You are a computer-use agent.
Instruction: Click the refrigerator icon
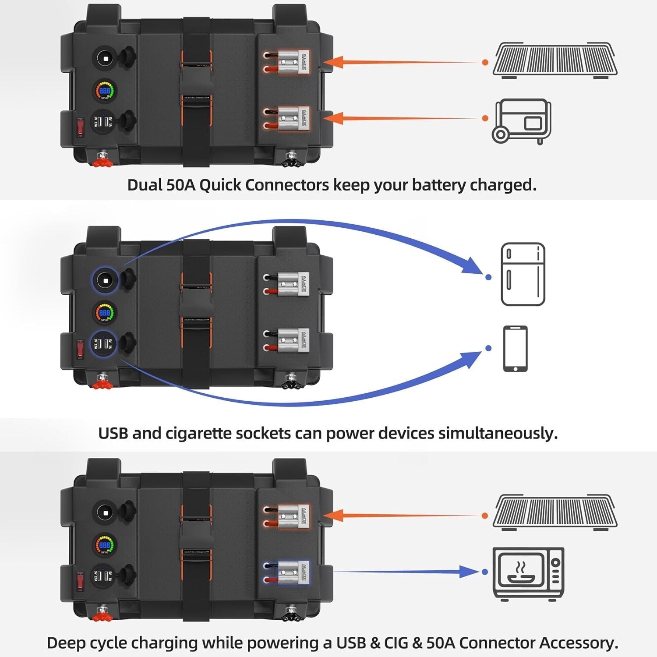pos(523,274)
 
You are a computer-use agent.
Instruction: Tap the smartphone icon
pos(515,349)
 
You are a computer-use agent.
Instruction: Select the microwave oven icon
pos(528,572)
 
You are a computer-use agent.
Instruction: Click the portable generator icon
pos(521,121)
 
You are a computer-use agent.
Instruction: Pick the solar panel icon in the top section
pos(555,60)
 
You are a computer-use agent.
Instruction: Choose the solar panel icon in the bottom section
pos(555,512)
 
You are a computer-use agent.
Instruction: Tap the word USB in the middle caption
pos(113,433)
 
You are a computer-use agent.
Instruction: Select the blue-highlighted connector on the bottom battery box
pos(287,573)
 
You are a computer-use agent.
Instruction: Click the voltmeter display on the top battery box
pos(105,91)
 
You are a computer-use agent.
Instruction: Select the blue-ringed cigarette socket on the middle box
pos(105,280)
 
